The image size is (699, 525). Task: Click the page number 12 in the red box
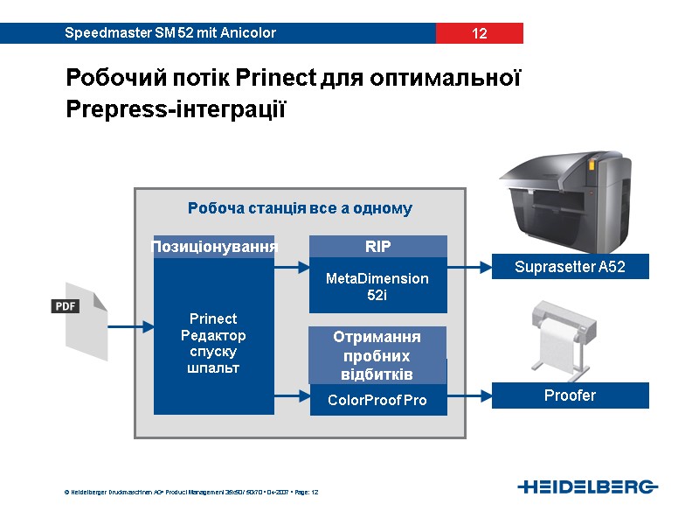(479, 34)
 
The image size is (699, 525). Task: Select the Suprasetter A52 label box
(570, 267)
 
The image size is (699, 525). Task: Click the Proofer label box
(570, 395)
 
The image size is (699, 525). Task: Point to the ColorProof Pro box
(377, 401)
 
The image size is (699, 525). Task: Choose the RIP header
(377, 247)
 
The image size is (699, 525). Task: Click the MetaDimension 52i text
(377, 287)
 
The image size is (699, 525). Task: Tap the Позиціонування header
(214, 247)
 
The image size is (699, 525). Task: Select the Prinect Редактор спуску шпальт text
(214, 343)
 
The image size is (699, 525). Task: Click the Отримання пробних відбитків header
(377, 354)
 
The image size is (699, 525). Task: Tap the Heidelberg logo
(587, 486)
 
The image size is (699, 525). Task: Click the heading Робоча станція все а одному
(300, 208)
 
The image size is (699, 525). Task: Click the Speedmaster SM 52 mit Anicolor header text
(170, 33)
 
